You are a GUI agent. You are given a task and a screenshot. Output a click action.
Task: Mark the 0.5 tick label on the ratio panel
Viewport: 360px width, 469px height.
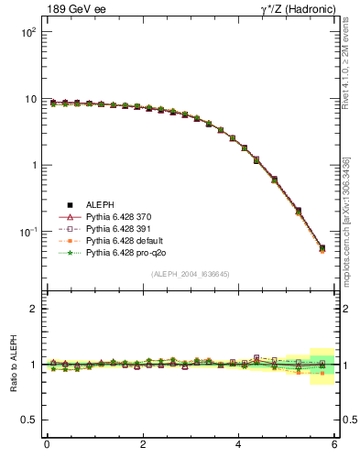click(x=27, y=420)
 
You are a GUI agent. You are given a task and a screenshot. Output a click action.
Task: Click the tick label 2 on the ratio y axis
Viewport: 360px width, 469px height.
click(x=33, y=309)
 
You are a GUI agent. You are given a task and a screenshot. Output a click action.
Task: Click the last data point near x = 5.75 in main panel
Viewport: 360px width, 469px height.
click(x=322, y=248)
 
